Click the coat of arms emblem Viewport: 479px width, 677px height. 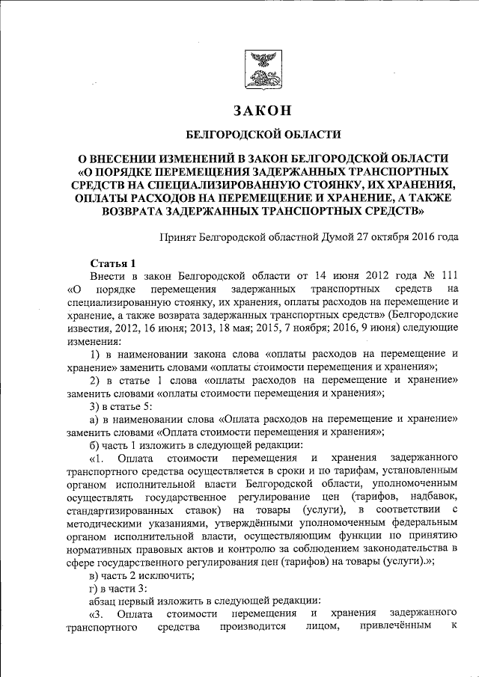point(263,69)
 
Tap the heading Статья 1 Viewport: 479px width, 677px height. point(113,263)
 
